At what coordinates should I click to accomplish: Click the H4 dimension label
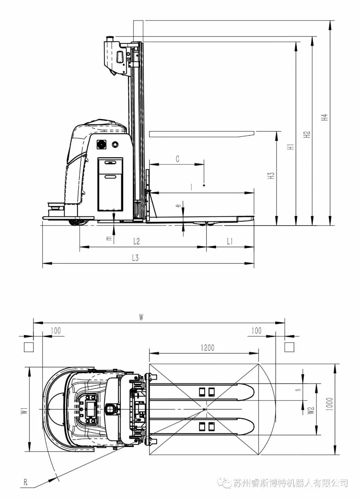pyautogui.click(x=325, y=117)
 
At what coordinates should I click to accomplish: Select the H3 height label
pyautogui.click(x=271, y=176)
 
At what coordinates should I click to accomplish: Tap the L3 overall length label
pyautogui.click(x=135, y=258)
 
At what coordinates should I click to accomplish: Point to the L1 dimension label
pyautogui.click(x=230, y=241)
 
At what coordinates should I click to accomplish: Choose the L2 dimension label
pyautogui.click(x=136, y=241)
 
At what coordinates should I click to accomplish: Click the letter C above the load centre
pyautogui.click(x=178, y=159)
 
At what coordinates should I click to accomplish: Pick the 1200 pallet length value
pyautogui.click(x=207, y=348)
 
